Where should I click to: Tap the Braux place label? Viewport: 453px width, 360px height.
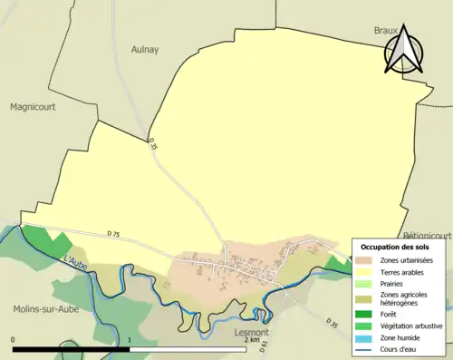click(x=387, y=31)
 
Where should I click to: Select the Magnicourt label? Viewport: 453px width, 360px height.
click(x=34, y=106)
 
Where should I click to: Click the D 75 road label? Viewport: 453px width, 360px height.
click(x=113, y=235)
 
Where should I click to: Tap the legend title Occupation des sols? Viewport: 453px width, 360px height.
click(x=397, y=247)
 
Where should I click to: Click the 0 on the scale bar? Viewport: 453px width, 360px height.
click(x=14, y=340)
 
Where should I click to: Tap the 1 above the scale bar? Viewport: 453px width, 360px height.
click(x=130, y=340)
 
